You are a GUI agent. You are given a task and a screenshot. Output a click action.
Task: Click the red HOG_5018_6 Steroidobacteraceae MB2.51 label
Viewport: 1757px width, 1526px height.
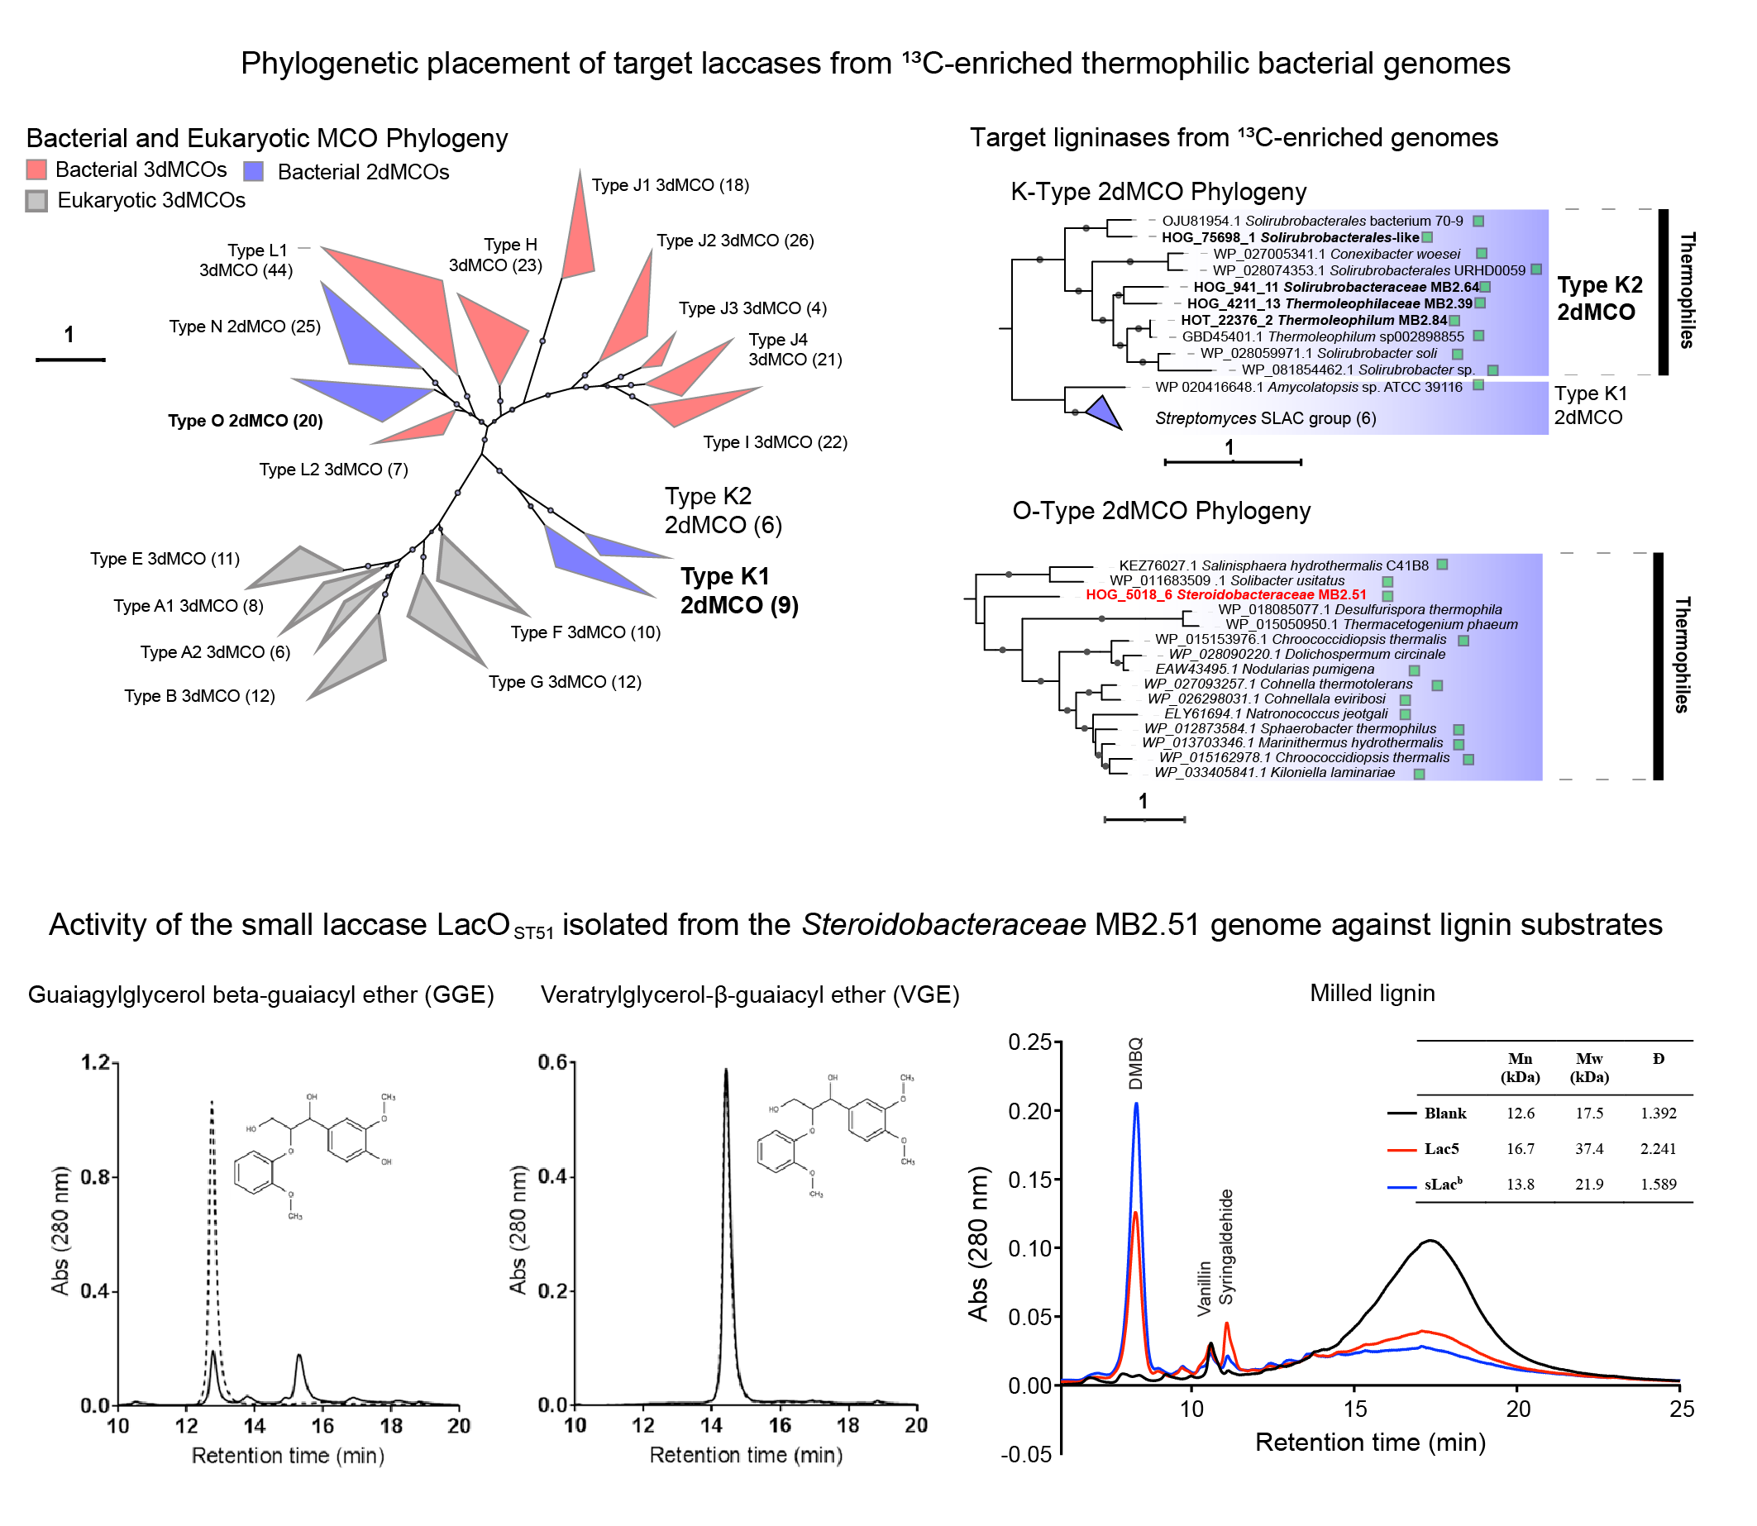point(1225,594)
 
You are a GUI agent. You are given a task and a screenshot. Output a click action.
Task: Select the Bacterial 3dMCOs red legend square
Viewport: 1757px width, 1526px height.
point(36,169)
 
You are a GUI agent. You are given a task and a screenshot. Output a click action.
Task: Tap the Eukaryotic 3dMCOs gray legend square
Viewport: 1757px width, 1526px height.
point(36,201)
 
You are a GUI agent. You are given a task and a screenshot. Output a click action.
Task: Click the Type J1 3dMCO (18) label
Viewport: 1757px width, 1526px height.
point(671,185)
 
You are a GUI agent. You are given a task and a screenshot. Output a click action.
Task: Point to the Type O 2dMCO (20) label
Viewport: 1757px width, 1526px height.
point(246,421)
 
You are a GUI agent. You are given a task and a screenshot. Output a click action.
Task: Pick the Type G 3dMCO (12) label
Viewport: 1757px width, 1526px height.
point(565,682)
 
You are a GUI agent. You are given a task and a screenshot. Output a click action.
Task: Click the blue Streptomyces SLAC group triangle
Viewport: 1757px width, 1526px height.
point(1104,413)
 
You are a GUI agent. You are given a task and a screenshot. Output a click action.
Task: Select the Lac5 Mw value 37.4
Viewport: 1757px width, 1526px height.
point(1589,1149)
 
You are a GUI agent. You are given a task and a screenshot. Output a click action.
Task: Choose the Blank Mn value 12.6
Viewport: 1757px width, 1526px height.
point(1521,1113)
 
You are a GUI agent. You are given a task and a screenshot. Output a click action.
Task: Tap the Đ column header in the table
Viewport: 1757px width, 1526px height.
point(1659,1058)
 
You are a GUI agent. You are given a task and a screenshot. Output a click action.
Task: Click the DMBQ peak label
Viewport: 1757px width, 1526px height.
point(1135,1064)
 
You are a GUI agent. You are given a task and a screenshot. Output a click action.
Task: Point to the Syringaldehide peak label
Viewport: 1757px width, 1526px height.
point(1225,1247)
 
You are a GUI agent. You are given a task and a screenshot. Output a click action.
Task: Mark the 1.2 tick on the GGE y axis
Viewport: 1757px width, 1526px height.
point(95,1062)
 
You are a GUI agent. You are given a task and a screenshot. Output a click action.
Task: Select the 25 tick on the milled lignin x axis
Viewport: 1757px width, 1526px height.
point(1681,1409)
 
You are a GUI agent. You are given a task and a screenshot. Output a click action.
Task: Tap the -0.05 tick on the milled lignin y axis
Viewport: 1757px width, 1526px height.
point(1026,1454)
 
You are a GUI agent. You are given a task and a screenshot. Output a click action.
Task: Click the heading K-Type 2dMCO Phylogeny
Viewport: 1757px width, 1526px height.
point(1158,192)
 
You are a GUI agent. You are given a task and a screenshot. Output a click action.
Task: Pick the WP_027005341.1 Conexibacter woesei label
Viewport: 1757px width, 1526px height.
point(1336,254)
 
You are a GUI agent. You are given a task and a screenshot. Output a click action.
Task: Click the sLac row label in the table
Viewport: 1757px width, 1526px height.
point(1443,1185)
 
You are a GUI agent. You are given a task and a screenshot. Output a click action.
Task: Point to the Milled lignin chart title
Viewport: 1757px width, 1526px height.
point(1372,993)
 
